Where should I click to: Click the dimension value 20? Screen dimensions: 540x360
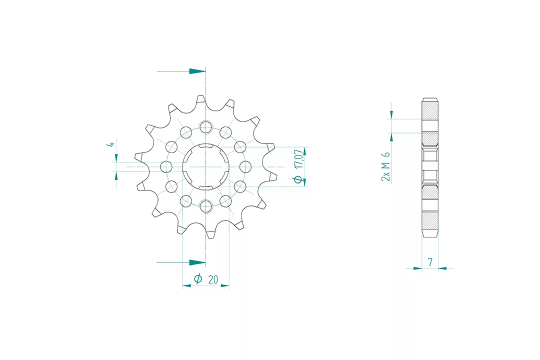pos(213,279)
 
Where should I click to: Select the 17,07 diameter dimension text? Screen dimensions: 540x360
pos(299,159)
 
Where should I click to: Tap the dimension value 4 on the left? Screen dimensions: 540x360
pos(110,143)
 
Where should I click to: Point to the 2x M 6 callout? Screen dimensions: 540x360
pos(385,166)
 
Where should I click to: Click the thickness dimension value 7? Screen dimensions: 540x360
pos(430,262)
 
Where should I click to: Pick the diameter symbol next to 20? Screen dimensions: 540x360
pos(198,278)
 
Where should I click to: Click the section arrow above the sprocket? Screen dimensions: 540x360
pos(181,71)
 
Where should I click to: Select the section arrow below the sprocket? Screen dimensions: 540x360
pos(181,262)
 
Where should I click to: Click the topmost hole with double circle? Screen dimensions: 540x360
pos(206,127)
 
